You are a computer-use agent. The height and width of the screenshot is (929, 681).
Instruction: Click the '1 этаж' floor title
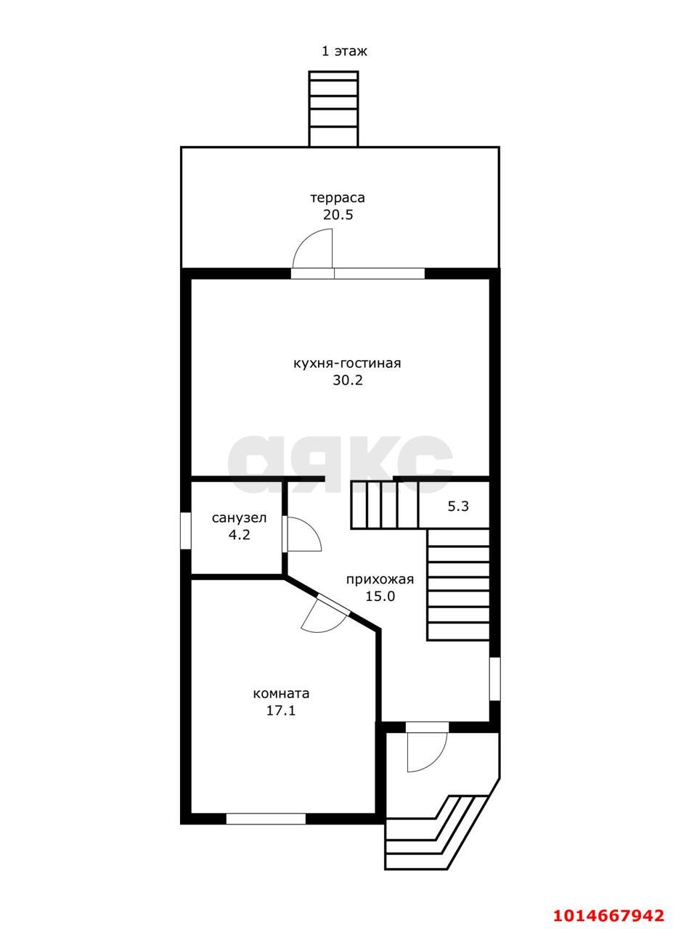344,52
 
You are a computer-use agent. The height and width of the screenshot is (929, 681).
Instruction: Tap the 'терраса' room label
338,198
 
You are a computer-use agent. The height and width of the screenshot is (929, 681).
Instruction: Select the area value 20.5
338,216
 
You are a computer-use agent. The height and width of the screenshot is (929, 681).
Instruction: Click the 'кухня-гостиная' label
347,364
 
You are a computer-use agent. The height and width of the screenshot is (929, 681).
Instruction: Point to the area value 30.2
348,380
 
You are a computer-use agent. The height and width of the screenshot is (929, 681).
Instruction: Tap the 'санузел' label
240,518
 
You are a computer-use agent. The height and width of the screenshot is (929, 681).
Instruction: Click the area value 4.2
240,535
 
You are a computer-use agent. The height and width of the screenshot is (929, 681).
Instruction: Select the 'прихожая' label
380,579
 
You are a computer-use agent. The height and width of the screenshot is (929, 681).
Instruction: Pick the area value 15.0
380,596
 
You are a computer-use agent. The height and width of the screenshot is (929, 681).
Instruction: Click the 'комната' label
281,693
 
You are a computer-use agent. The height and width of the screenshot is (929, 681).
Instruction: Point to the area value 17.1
281,711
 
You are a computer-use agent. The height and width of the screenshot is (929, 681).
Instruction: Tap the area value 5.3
458,506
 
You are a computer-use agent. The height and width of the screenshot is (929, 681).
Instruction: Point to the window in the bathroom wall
185,531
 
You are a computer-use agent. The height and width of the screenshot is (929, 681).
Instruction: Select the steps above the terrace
333,109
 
